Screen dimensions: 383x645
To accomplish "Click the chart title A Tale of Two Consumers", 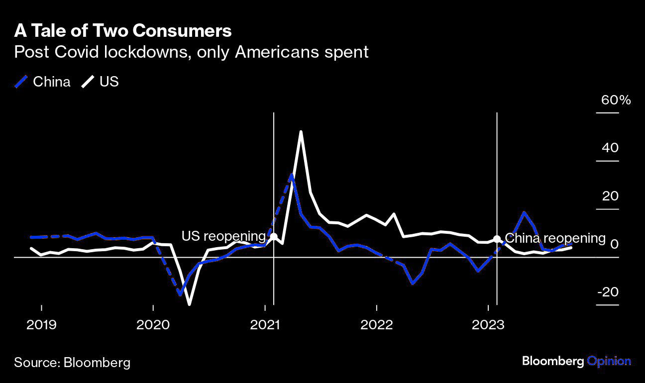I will (x=123, y=31).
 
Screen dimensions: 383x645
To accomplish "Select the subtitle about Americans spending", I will (x=191, y=52).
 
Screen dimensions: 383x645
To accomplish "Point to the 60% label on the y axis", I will (x=616, y=100).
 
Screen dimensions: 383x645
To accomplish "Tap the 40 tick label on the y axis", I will (x=610, y=148).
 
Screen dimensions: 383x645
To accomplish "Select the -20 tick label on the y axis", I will (x=607, y=292).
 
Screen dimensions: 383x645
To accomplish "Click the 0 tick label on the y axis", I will (x=614, y=244).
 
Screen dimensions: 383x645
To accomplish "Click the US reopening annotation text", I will (x=223, y=236).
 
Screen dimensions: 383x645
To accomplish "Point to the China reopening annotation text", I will (x=555, y=238).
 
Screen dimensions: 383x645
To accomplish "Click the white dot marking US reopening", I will (x=273, y=236).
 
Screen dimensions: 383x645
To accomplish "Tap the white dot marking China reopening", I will (x=497, y=239).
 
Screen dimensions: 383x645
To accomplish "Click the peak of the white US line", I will (x=301, y=132).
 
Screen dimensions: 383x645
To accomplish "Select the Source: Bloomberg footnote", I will (x=72, y=362).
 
